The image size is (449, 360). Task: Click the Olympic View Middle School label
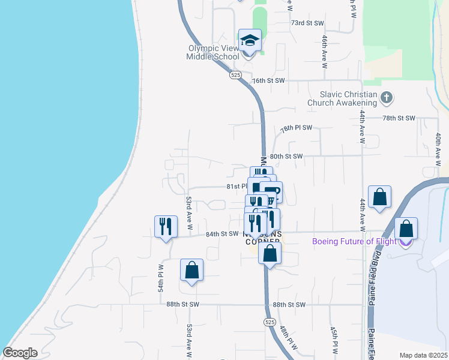click(213, 52)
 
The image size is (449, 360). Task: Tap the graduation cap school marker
click(250, 41)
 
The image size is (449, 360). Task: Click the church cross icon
click(387, 97)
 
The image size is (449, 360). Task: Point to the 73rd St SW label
click(307, 23)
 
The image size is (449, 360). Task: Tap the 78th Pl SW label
click(297, 128)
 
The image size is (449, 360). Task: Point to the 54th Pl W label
click(161, 278)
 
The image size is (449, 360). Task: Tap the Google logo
click(20, 353)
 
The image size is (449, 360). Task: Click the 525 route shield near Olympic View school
click(235, 74)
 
